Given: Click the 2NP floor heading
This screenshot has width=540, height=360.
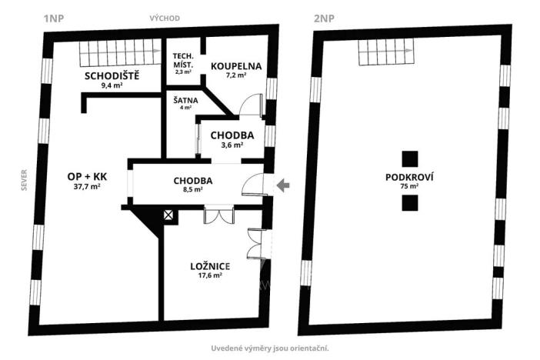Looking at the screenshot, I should pos(323,17).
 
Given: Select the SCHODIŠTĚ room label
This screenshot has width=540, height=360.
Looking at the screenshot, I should pos(112,75).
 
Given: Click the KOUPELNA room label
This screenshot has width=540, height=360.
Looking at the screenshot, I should pos(236,67).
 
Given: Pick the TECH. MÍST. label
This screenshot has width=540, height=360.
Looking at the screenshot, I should pos(183,61).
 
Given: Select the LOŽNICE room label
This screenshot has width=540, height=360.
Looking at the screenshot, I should pos(210,266).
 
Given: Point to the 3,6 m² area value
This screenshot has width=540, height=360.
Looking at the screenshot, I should pos(232,145).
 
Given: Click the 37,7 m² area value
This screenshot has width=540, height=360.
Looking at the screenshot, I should pos(88,186).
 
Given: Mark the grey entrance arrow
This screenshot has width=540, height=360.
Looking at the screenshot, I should pos(283,185).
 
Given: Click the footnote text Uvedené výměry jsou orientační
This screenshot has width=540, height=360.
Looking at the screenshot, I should pos(270,348).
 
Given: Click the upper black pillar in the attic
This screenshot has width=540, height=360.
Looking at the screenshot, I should pos(411,159).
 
